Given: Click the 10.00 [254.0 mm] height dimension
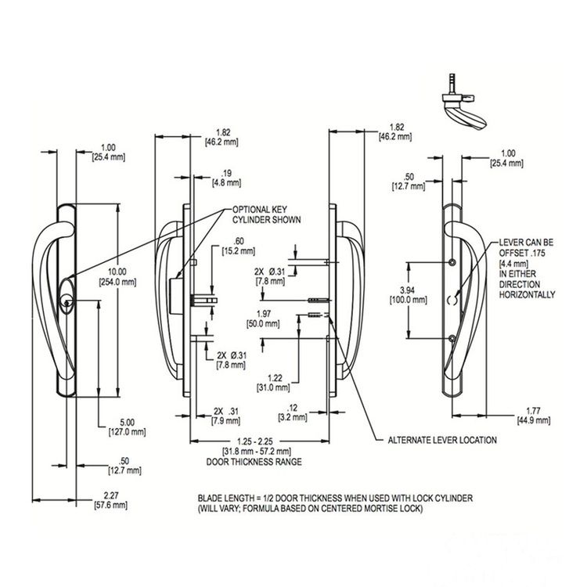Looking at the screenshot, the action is pos(117,276).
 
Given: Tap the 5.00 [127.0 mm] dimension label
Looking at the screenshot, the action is pos(127,427).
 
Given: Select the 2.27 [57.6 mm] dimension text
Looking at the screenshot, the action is pos(111,500).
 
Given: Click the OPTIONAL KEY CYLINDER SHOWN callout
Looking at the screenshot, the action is pos(266,214).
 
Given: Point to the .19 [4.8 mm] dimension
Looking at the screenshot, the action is pos(226,178).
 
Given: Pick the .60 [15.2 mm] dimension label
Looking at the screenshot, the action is pos(239,246).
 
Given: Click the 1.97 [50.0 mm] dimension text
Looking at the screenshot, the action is pos(263,319).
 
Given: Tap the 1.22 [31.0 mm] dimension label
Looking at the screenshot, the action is pos(273,383).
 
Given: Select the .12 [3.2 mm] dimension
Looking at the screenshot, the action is pos(293,412).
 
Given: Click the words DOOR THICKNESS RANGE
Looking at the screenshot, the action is pos(254,462).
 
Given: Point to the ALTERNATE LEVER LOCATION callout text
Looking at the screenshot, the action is pos(442,440).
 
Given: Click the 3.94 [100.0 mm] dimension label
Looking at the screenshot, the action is pos(408,294).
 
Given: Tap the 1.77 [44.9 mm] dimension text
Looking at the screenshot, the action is pos(534,416).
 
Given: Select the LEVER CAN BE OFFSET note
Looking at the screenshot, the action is pos(527,268).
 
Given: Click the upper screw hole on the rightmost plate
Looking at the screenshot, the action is pos(452,261).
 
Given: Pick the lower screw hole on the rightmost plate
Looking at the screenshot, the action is pos(452,339).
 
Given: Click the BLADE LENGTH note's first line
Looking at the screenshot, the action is pos(335,499).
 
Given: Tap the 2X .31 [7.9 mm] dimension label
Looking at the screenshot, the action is pos(225,416).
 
